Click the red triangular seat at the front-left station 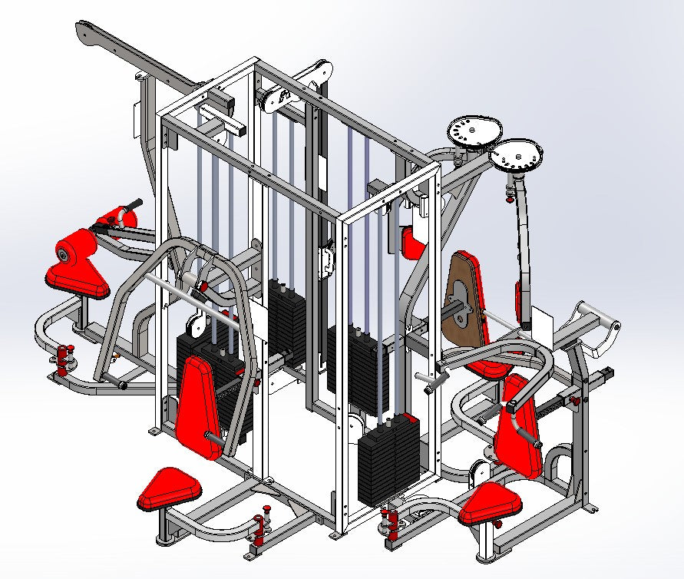coord(168,488)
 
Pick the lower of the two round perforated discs coord(515,157)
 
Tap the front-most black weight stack coord(389,461)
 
